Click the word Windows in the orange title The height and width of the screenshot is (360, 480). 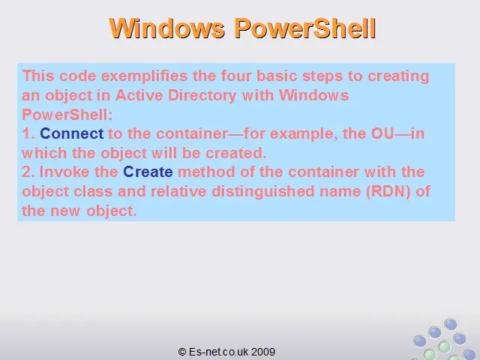pyautogui.click(x=167, y=28)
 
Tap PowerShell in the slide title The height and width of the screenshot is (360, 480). pyautogui.click(x=305, y=28)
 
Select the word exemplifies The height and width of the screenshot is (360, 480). pyautogui.click(x=145, y=76)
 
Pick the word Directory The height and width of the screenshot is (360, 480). pyautogui.click(x=202, y=96)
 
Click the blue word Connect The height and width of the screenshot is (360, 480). pyautogui.click(x=72, y=133)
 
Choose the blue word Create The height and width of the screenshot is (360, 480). pyautogui.click(x=148, y=172)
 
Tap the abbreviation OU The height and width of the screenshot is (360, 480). pyautogui.click(x=382, y=133)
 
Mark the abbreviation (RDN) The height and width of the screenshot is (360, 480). pyautogui.click(x=388, y=192)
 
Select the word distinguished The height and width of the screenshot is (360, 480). pyautogui.click(x=263, y=192)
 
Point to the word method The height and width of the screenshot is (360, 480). pyautogui.click(x=206, y=172)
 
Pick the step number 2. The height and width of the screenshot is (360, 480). pyautogui.click(x=28, y=172)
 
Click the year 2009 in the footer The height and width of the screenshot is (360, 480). pyautogui.click(x=263, y=352)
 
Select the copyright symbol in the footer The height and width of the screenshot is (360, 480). pyautogui.click(x=182, y=352)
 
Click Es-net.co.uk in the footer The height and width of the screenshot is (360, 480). pyautogui.click(x=219, y=352)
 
